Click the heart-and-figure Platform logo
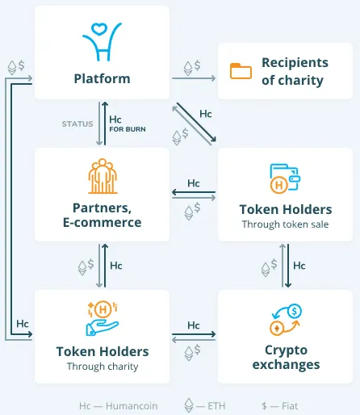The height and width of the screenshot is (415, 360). pyautogui.click(x=102, y=42)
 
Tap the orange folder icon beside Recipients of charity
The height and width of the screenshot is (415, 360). pyautogui.click(x=241, y=71)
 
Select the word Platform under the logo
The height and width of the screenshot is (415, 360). pyautogui.click(x=103, y=78)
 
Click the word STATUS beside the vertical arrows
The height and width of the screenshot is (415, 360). pyautogui.click(x=77, y=124)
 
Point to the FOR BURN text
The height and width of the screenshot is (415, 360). pyautogui.click(x=128, y=129)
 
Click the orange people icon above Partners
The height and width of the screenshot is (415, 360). pyautogui.click(x=103, y=176)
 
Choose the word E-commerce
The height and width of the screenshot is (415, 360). pyautogui.click(x=103, y=222)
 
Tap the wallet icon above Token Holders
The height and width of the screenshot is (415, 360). pyautogui.click(x=285, y=178)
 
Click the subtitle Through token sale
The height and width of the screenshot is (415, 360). pyautogui.click(x=285, y=224)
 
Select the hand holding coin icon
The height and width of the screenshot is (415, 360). pyautogui.click(x=103, y=318)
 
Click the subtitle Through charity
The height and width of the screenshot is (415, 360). pyautogui.click(x=103, y=367)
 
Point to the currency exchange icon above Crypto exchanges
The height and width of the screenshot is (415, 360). pyautogui.click(x=286, y=320)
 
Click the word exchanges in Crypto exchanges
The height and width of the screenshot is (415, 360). pyautogui.click(x=286, y=365)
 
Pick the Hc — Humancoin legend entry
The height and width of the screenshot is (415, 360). pyautogui.click(x=119, y=406)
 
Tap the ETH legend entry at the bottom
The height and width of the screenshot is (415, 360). pyautogui.click(x=205, y=405)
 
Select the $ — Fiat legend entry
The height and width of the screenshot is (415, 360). pyautogui.click(x=280, y=406)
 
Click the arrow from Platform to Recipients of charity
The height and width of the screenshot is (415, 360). pyautogui.click(x=194, y=78)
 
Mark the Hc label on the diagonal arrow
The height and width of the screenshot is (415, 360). pyautogui.click(x=206, y=114)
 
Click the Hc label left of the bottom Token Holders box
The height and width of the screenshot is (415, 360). pyautogui.click(x=23, y=324)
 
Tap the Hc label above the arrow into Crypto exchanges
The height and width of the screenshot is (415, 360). pyautogui.click(x=194, y=325)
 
